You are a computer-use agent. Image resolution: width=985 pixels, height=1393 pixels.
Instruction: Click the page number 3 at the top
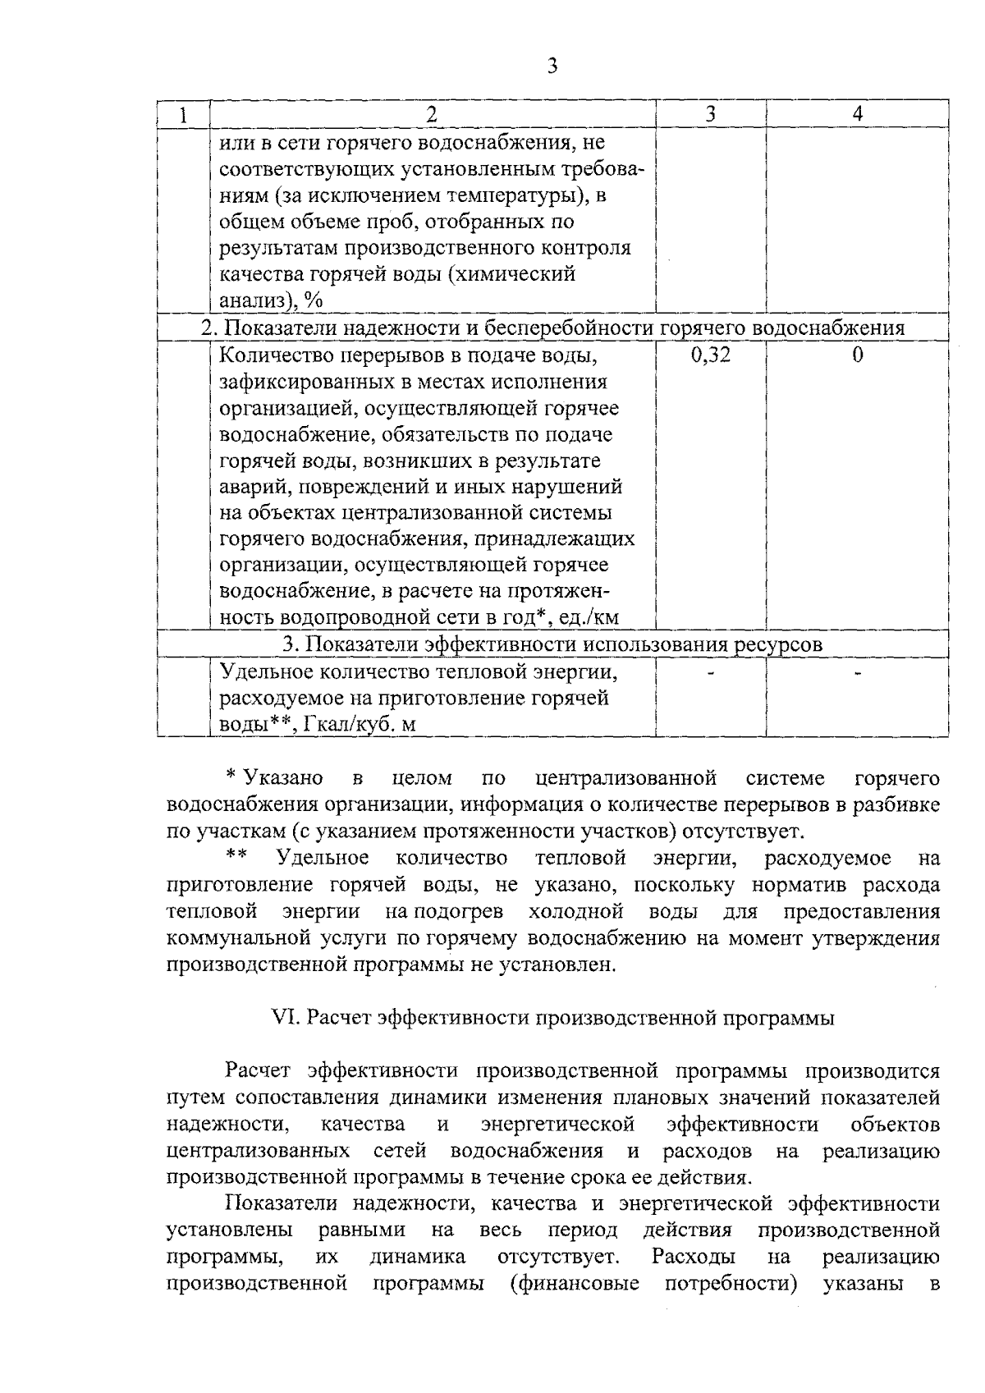click(x=552, y=66)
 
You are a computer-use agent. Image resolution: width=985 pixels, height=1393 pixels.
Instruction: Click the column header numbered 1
click(x=183, y=116)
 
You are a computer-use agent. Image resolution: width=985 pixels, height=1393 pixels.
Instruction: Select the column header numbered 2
click(x=432, y=116)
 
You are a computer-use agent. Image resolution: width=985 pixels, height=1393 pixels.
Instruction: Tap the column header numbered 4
click(x=857, y=116)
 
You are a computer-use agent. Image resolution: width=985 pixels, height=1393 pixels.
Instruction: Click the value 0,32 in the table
click(x=710, y=355)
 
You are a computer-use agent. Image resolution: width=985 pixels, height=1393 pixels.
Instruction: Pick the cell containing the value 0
click(x=857, y=355)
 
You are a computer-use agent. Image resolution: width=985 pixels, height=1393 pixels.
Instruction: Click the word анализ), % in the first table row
click(x=271, y=301)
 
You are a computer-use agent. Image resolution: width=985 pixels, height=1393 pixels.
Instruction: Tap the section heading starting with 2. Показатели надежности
click(x=552, y=328)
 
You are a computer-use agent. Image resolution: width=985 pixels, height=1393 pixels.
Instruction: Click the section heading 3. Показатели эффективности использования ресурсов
click(x=552, y=645)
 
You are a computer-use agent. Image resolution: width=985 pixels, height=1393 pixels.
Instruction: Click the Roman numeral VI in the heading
click(x=282, y=1019)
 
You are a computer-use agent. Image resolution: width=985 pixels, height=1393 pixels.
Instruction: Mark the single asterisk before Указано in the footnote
click(x=231, y=777)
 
